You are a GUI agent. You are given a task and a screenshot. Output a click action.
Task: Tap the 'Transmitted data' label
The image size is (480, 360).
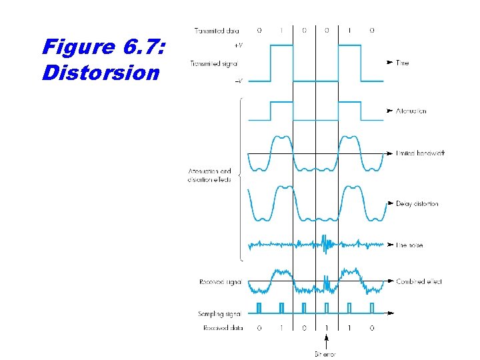[217, 30]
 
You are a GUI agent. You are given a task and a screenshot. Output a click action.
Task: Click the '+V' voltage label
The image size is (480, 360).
[239, 46]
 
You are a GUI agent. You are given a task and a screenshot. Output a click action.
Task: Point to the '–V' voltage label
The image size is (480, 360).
[239, 81]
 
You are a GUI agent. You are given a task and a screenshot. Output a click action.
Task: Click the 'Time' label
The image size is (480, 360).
[403, 63]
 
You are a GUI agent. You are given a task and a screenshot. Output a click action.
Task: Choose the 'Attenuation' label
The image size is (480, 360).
[411, 111]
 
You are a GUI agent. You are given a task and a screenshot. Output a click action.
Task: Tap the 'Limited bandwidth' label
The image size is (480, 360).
[420, 153]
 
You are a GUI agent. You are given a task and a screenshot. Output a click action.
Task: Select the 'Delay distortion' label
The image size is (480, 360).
[417, 203]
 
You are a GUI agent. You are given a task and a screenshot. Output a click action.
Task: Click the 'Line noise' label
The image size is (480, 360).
[410, 245]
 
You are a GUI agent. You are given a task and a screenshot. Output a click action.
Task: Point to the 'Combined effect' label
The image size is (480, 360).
[419, 281]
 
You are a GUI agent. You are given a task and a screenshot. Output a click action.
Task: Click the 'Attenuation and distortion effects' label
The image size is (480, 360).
[210, 176]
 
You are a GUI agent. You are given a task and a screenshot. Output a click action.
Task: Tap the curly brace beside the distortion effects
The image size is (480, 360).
[239, 180]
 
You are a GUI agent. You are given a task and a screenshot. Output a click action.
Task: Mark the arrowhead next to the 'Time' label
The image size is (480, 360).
[389, 63]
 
